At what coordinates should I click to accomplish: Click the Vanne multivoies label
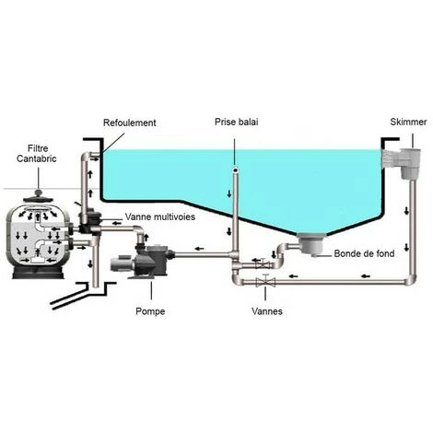coord(158,217)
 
